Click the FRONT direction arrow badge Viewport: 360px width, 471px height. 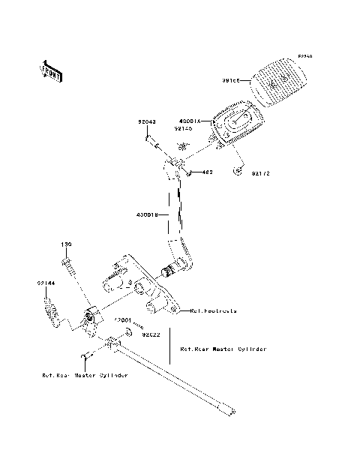pos(51,70)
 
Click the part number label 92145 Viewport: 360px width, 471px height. pos(184,128)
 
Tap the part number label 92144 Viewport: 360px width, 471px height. pos(44,283)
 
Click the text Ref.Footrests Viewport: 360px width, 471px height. pos(214,310)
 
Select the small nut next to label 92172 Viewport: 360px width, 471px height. pos(238,171)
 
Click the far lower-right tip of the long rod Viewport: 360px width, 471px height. pos(234,410)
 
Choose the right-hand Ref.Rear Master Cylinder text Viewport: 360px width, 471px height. pos(223,349)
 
